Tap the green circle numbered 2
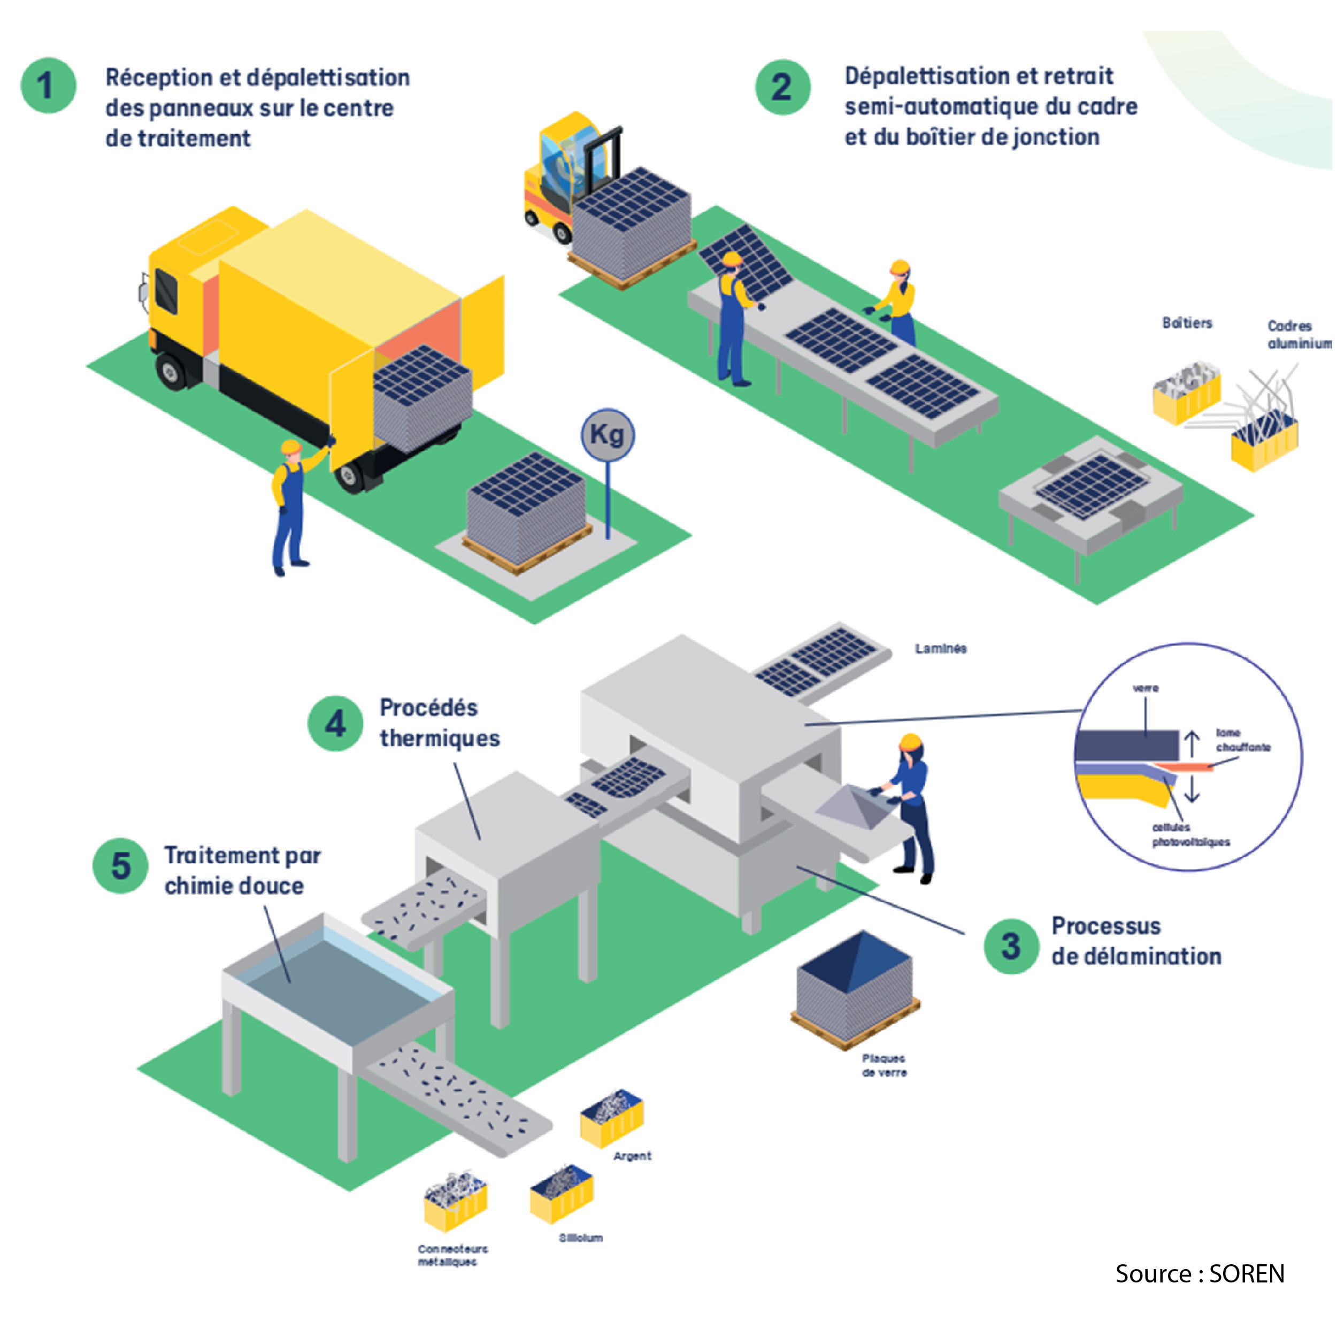pos(783,87)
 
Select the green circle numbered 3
pos(1011,946)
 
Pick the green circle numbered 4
pos(335,723)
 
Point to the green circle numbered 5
pos(120,866)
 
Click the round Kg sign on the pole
pos(607,435)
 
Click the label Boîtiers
pos(1187,322)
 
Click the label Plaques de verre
pos(883,1065)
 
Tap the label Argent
pos(632,1156)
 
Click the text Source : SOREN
pos(1199,1274)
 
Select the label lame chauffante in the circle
pos(1243,740)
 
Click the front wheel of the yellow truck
pos(170,371)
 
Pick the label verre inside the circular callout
pos(1146,688)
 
